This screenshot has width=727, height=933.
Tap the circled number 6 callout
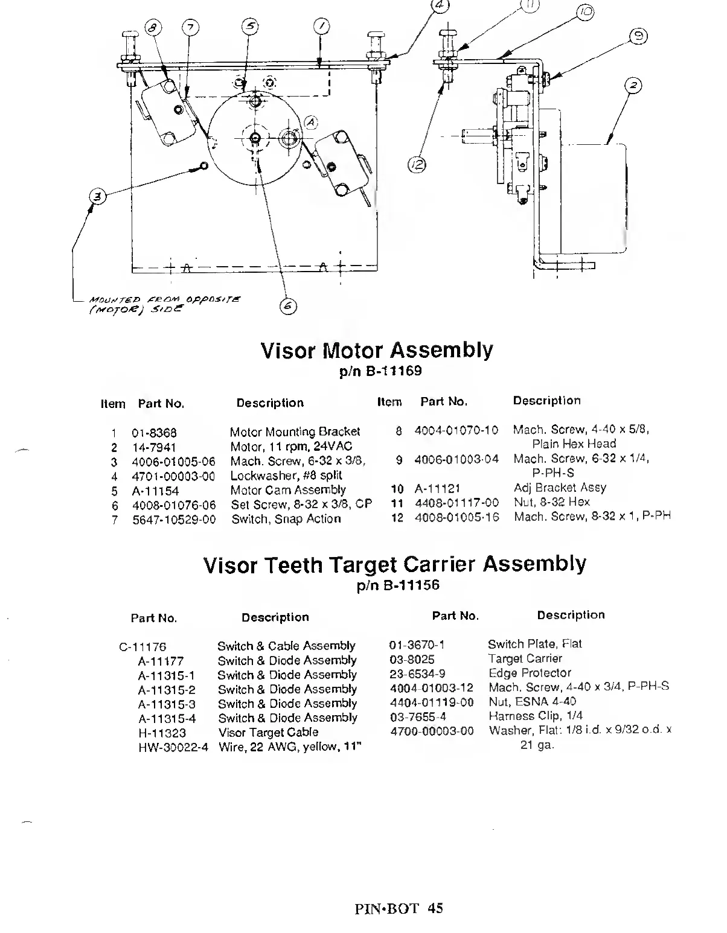click(288, 307)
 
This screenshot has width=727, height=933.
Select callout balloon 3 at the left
click(97, 196)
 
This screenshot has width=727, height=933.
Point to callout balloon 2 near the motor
click(633, 86)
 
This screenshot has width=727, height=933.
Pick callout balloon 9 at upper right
click(636, 37)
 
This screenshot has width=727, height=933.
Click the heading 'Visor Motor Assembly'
click(377, 350)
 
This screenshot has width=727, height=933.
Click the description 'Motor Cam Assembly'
click(288, 490)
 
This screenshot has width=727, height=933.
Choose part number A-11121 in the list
click(437, 488)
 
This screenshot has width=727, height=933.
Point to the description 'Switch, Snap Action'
click(286, 519)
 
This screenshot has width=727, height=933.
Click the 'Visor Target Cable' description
click(268, 733)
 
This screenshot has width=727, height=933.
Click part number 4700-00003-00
click(432, 731)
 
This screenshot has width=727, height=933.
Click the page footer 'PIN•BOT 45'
click(399, 908)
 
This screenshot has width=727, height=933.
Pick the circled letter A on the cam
click(311, 122)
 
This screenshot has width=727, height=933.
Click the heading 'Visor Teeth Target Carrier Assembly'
click(394, 565)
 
